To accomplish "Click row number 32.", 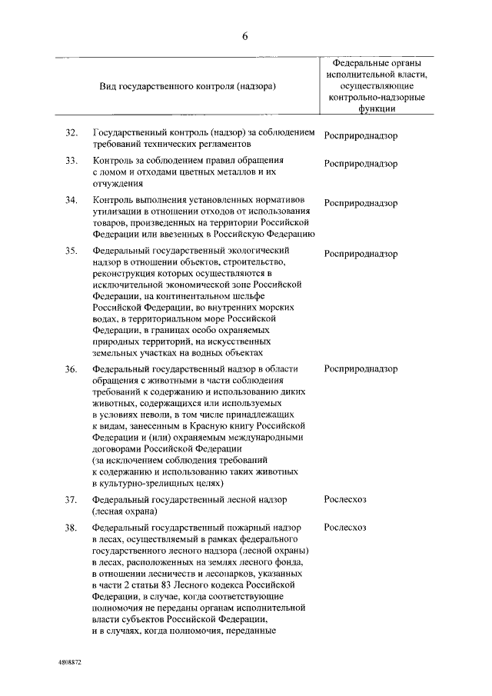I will (x=71, y=134).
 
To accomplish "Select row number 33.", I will (x=71, y=161).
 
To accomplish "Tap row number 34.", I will (x=71, y=201).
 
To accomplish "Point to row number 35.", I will (x=71, y=251).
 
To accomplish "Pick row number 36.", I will (x=71, y=369).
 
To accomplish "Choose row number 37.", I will (x=71, y=500).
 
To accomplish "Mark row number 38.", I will (x=71, y=528).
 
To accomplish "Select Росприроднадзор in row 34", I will (x=361, y=204).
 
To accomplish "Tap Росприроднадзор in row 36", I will (x=361, y=369).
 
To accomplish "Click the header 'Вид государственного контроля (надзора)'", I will (x=188, y=86).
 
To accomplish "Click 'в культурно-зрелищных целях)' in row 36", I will (x=158, y=483).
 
